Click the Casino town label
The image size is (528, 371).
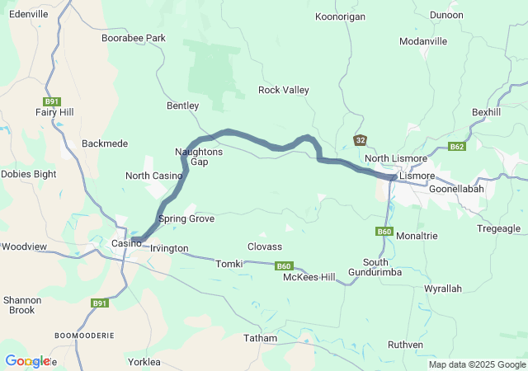[x=126, y=243]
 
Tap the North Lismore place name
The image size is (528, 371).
[x=396, y=158]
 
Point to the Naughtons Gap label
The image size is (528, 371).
[x=199, y=157]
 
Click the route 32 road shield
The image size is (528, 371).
[x=360, y=140]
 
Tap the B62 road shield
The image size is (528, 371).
[x=457, y=147]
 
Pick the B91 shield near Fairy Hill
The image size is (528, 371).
[x=52, y=101]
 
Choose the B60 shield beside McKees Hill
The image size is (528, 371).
[x=284, y=265]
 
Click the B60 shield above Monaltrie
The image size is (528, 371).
[x=384, y=232]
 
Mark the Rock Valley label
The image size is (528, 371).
[x=283, y=90]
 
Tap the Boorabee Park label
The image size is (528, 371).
[x=134, y=38]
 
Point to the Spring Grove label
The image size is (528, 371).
[x=186, y=218]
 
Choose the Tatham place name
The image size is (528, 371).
[x=260, y=338]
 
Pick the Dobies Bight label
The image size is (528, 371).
[x=28, y=174]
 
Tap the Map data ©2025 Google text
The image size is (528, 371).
[x=476, y=364]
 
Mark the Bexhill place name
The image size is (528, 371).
[x=486, y=111]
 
